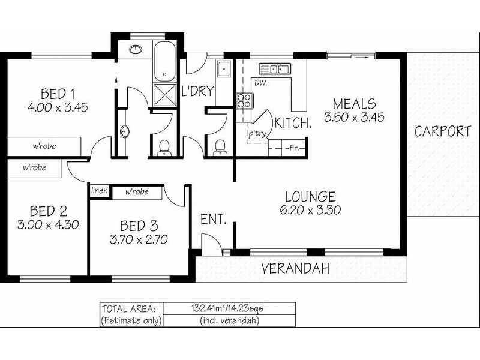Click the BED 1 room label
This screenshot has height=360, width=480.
coord(58,94)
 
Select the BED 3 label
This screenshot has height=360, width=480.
coord(139,226)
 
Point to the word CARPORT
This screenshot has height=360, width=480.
coord(443,131)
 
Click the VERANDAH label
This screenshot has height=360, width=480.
coord(296,269)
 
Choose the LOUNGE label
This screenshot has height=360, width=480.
coord(310,196)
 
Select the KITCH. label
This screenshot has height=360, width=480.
coord(293,124)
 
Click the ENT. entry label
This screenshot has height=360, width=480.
coord(213,220)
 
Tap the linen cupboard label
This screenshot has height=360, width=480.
coord(99,191)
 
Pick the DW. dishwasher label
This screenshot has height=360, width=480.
coord(260,82)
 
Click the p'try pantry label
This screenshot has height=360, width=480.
coord(257,134)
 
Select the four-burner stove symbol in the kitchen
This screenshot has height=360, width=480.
coord(244,100)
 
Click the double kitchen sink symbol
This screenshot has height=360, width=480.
coord(274,68)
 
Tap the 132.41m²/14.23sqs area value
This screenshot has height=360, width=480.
coord(228,308)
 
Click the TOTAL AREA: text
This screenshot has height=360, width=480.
coord(129,308)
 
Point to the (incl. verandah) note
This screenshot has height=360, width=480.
coord(228,320)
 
